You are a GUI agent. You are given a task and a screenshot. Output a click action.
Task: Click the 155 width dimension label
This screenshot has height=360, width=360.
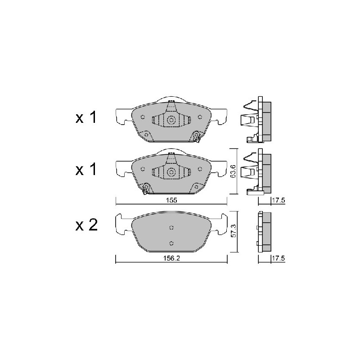point(172,200)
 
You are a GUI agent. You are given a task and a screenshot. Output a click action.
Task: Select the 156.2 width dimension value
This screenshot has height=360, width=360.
point(171,258)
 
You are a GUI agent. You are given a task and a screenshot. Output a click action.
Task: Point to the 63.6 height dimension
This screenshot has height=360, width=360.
point(234,171)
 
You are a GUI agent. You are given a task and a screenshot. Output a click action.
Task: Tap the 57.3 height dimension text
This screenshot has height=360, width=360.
point(234,231)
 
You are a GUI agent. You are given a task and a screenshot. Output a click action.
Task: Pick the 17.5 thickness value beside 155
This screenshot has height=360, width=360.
point(278,200)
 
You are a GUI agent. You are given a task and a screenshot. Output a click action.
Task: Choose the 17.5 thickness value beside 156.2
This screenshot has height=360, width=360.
point(278,258)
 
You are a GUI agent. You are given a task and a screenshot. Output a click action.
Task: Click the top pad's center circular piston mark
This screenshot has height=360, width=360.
point(171,120)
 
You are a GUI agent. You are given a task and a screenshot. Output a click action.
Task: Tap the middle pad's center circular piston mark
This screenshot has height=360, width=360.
point(171,172)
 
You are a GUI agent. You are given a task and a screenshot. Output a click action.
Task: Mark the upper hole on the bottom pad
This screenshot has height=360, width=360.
point(171,228)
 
